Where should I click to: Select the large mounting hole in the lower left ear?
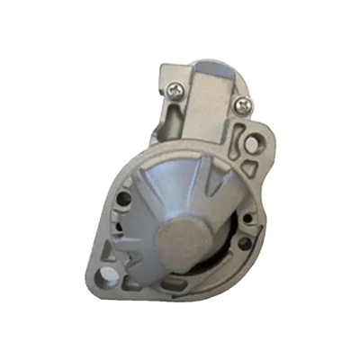(106, 270)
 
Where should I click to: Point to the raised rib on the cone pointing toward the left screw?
(175, 162)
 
